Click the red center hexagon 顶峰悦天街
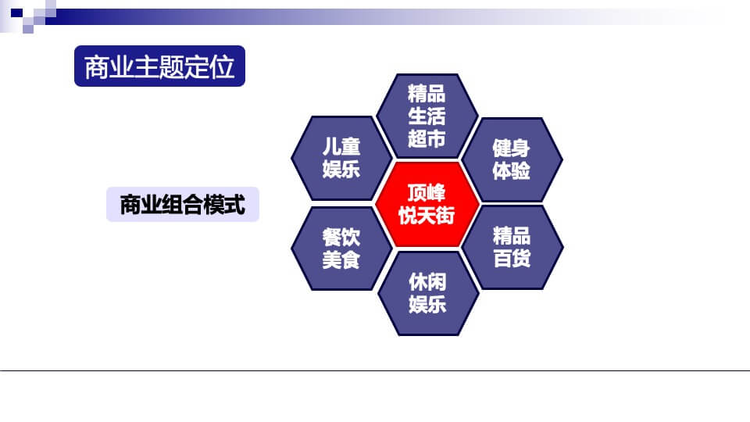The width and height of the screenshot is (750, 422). click(427, 205)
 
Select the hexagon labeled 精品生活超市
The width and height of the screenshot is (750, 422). click(427, 116)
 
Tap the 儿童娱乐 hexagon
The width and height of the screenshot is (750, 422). click(341, 157)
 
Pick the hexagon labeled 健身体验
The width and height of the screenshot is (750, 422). click(512, 159)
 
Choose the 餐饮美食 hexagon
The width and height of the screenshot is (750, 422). click(341, 248)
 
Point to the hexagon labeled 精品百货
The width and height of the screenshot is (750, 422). click(512, 246)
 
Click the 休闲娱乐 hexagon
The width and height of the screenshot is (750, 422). click(427, 292)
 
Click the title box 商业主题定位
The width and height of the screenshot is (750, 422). click(159, 66)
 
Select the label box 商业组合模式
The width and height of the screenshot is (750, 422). click(182, 205)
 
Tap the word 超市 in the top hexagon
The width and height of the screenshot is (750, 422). click(427, 138)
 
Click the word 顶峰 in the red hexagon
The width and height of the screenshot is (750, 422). click(427, 194)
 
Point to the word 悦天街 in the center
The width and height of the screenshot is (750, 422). click(427, 216)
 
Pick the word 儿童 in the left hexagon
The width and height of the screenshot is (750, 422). click(341, 146)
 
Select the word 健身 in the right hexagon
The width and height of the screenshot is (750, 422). click(512, 148)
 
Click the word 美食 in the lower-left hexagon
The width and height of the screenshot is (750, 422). click(341, 259)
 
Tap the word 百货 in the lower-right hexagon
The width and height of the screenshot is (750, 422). click(512, 258)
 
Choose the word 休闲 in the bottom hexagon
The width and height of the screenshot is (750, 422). click(427, 281)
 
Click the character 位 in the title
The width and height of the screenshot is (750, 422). click(223, 66)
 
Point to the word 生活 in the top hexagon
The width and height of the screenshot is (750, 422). click(427, 116)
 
